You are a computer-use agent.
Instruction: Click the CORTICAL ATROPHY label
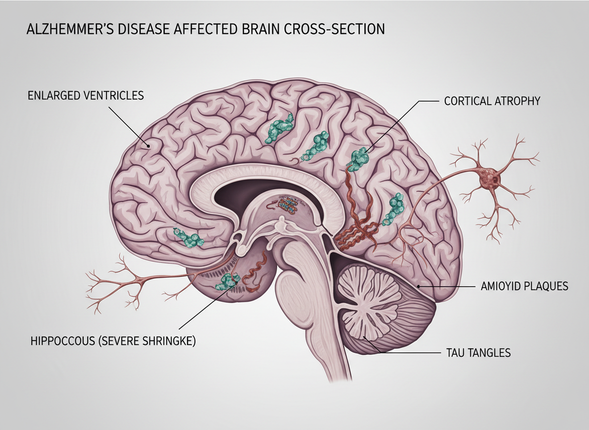click(x=491, y=101)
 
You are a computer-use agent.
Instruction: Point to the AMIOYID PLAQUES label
click(x=524, y=287)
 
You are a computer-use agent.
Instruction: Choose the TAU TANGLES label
click(x=476, y=353)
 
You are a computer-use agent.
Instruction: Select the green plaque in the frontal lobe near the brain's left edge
click(x=188, y=237)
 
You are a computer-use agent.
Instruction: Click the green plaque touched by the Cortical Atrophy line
click(x=359, y=158)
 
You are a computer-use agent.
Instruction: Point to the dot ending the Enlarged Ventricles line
click(x=148, y=146)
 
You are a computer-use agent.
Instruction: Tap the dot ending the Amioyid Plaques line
click(x=418, y=287)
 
